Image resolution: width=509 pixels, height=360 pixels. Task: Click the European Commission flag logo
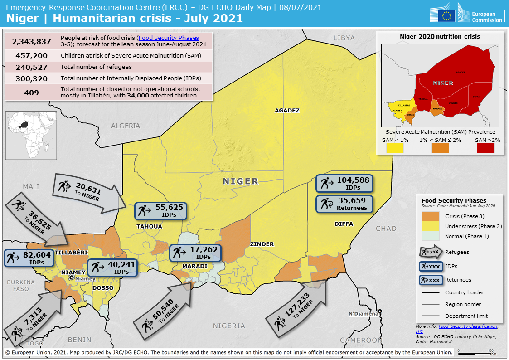[x=449, y=16]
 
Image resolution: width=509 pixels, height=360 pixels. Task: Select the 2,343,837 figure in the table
[x=32, y=41]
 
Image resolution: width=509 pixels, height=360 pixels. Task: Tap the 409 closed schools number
[x=32, y=92]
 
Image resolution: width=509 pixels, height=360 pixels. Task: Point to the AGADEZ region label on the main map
[x=287, y=110]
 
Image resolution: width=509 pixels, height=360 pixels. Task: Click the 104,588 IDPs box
[x=344, y=183]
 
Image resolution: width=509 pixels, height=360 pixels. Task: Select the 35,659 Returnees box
[x=344, y=204]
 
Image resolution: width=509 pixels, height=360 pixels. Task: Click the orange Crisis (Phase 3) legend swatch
[x=431, y=216]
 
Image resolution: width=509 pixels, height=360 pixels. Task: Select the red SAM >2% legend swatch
[x=485, y=148]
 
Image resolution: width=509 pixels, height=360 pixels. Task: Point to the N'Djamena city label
[x=363, y=314]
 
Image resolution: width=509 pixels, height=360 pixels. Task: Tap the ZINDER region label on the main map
[x=262, y=244]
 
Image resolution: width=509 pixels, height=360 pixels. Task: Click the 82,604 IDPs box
[x=29, y=258]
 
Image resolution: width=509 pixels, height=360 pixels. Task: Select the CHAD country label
[x=386, y=229]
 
